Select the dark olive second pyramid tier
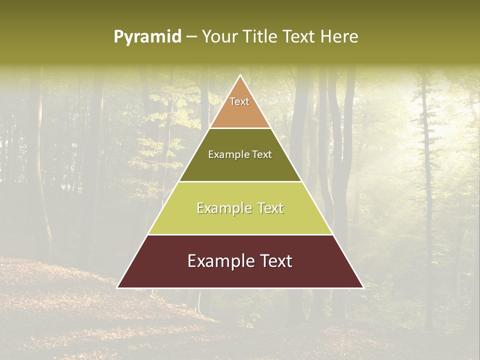point(240,167)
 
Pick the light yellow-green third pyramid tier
point(240,222)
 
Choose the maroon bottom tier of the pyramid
point(240,275)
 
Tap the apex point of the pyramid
point(240,76)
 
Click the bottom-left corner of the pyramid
point(118,287)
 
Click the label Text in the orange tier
point(239,101)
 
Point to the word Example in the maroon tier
point(217,261)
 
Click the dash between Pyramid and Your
point(191,37)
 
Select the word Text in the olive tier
point(262,154)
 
